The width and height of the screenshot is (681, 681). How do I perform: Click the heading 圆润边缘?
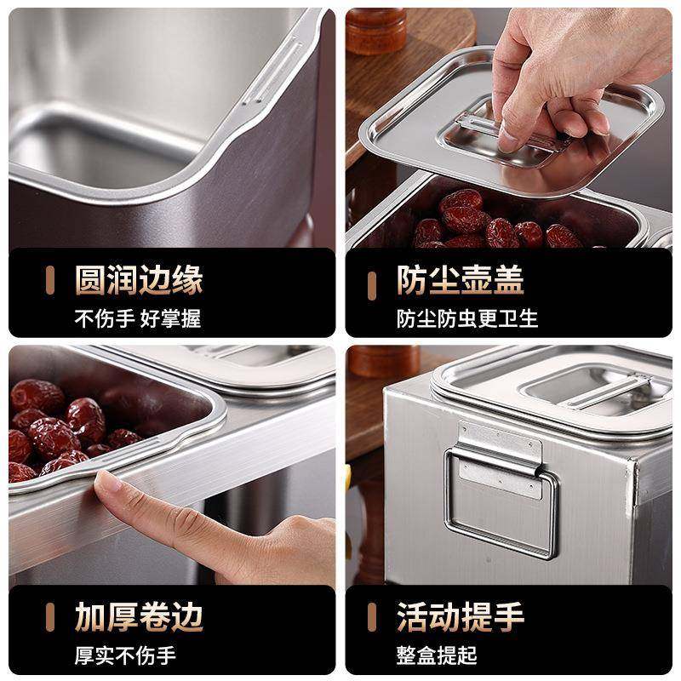pos(138,279)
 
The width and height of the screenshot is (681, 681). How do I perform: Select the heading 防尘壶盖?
pos(460,279)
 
